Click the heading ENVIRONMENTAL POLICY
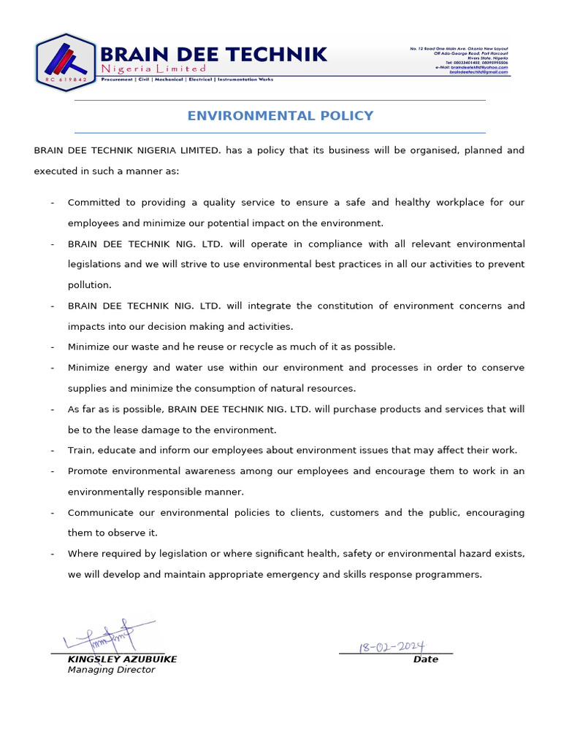(280, 116)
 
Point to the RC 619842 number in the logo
(66, 78)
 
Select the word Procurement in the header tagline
(117, 79)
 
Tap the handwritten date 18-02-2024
(392, 646)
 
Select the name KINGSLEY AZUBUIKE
(122, 659)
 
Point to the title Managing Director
(111, 670)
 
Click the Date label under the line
(426, 659)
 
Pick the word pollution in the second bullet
(90, 285)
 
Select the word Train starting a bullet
(80, 450)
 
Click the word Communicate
(102, 513)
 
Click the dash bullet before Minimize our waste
(53, 347)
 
